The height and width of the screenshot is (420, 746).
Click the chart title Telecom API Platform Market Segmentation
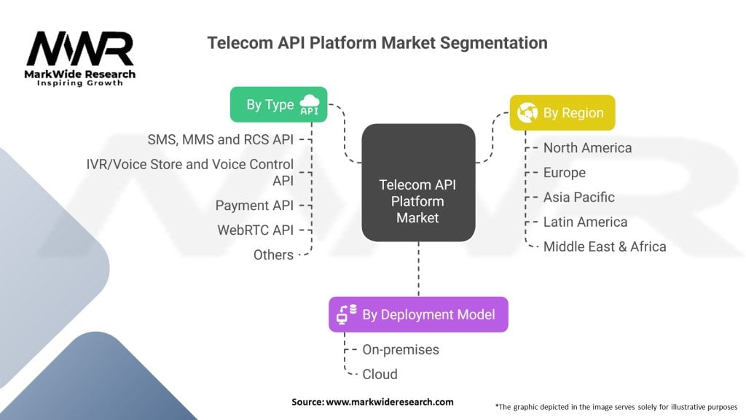tap(377, 42)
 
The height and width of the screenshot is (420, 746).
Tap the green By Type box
tap(278, 105)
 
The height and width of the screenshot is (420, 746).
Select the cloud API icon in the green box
tap(310, 105)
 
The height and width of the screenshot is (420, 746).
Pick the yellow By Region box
tap(562, 113)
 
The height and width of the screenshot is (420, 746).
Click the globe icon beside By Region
tap(527, 113)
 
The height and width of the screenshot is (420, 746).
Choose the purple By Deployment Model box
tap(417, 314)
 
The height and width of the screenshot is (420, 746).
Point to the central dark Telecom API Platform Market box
tap(418, 183)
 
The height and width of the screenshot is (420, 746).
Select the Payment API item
tap(254, 205)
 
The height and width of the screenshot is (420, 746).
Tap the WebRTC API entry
tap(255, 230)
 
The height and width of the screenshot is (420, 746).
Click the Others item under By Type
tap(273, 254)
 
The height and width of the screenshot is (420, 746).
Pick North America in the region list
tap(587, 148)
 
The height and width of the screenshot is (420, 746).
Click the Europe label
tap(564, 173)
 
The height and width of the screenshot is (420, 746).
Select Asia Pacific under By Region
tap(578, 197)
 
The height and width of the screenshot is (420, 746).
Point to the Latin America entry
tap(584, 222)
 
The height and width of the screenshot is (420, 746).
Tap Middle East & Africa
tap(604, 246)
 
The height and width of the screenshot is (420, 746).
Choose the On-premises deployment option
tap(400, 349)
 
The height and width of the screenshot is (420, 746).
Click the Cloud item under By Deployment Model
tap(380, 374)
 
